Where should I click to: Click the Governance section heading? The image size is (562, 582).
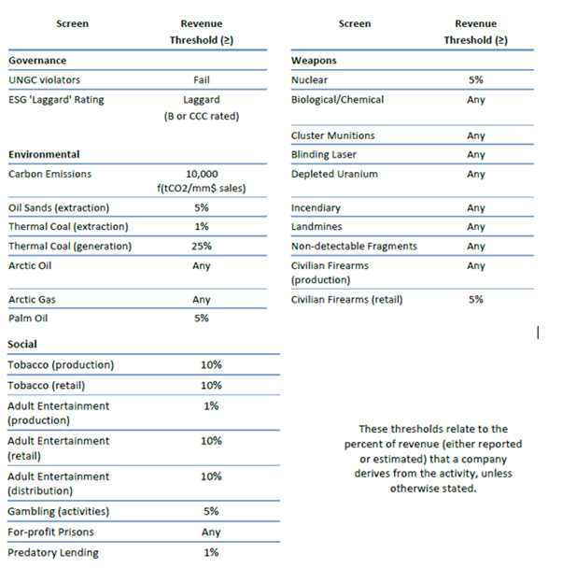(37, 61)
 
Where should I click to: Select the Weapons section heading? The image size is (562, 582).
(314, 61)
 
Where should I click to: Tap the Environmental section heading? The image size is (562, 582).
(44, 154)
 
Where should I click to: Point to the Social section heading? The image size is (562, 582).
(22, 345)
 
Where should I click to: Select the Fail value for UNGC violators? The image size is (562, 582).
(201, 80)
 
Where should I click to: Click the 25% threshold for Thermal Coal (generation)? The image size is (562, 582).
(201, 246)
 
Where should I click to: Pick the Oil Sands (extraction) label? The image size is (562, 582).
(58, 207)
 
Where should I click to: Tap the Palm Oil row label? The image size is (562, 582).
(28, 318)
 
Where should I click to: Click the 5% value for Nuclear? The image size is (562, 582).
(476, 80)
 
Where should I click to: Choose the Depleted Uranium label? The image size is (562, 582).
(334, 174)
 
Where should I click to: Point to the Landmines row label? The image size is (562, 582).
(316, 227)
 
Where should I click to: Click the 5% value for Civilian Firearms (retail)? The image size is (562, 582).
(476, 300)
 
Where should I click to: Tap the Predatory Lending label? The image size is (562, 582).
(53, 552)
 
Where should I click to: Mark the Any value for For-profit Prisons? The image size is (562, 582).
(211, 532)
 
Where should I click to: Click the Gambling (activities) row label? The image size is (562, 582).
(58, 511)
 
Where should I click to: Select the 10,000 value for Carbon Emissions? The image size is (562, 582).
(202, 174)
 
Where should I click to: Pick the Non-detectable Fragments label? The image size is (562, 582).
(354, 246)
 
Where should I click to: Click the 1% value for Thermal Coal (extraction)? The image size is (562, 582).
(201, 227)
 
